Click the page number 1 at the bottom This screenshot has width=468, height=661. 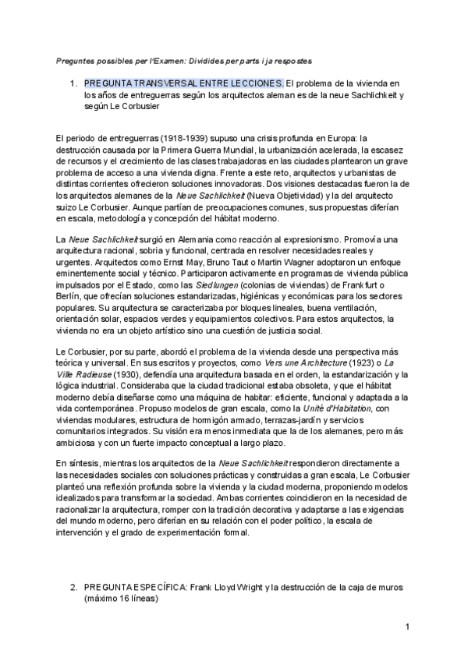407,626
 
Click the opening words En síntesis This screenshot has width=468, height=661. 79,462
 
